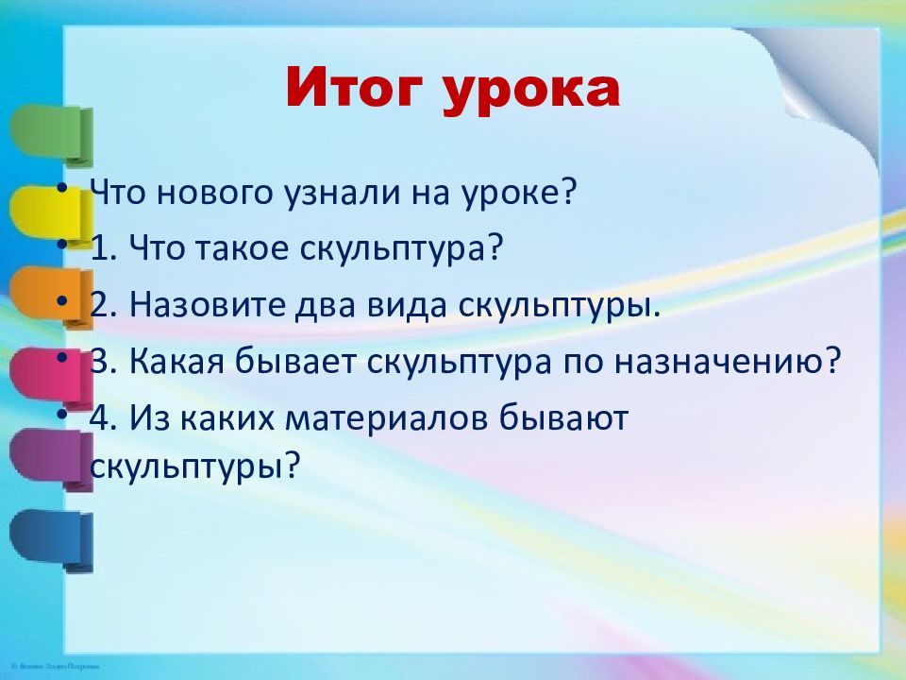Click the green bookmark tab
(x=51, y=135)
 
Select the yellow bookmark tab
(x=51, y=215)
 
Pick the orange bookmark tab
(x=51, y=297)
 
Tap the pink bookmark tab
(x=51, y=378)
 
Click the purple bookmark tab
(x=51, y=459)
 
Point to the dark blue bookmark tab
(x=51, y=540)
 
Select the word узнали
(x=341, y=193)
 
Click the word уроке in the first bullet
(x=519, y=193)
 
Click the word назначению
(x=726, y=362)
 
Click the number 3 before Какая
(x=100, y=362)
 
